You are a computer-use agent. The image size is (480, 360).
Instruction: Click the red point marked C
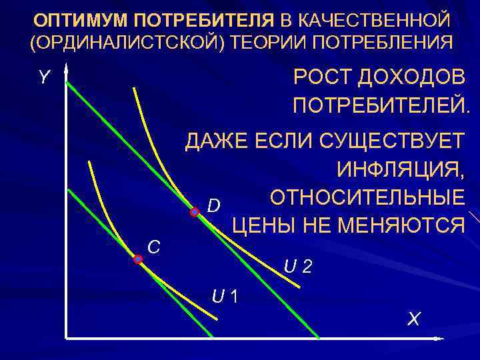pyautogui.click(x=138, y=259)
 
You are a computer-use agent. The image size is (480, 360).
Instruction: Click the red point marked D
pyautogui.click(x=195, y=213)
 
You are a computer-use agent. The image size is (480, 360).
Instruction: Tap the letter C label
pyautogui.click(x=153, y=247)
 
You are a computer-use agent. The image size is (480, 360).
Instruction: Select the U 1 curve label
pyautogui.click(x=226, y=294)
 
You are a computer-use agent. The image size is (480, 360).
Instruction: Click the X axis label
pyautogui.click(x=414, y=319)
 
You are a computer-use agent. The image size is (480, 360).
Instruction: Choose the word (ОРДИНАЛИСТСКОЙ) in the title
pyautogui.click(x=124, y=43)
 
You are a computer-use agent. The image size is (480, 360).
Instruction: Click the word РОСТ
pyautogui.click(x=322, y=78)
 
